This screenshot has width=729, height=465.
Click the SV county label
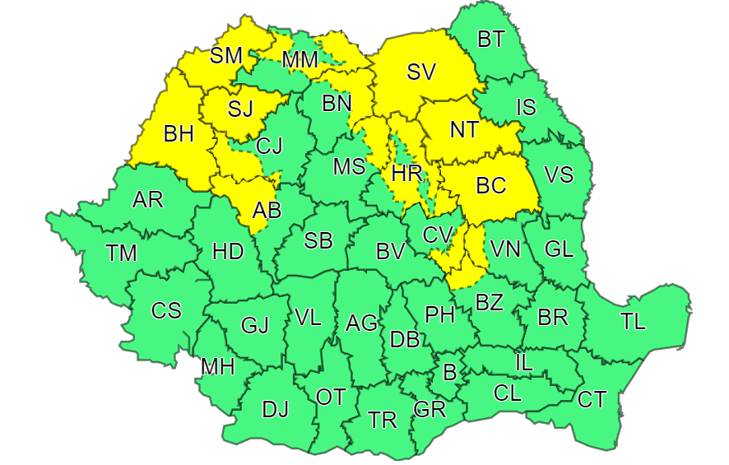pyautogui.click(x=420, y=72)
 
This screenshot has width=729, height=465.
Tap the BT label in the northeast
pyautogui.click(x=491, y=38)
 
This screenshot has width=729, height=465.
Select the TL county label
pyautogui.click(x=633, y=322)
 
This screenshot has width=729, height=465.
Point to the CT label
pyautogui.click(x=592, y=400)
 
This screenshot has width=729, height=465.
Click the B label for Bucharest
pyautogui.click(x=449, y=372)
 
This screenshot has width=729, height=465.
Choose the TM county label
pyautogui.click(x=121, y=253)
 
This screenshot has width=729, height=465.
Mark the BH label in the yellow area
pyautogui.click(x=179, y=134)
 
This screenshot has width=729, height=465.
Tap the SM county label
pyautogui.click(x=226, y=56)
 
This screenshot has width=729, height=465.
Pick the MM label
pyautogui.click(x=299, y=60)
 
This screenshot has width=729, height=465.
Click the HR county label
pyautogui.click(x=407, y=174)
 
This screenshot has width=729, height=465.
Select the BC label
pyautogui.click(x=491, y=186)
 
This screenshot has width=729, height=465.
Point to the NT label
pyautogui.click(x=466, y=130)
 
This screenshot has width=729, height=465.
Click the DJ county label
pyautogui.click(x=275, y=409)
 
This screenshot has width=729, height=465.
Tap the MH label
pyautogui.click(x=218, y=367)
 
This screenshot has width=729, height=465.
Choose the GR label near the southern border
pyautogui.click(x=430, y=410)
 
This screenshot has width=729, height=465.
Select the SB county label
pyautogui.click(x=318, y=241)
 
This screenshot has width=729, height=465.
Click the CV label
pyautogui.click(x=438, y=235)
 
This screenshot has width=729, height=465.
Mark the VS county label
pyautogui.click(x=560, y=174)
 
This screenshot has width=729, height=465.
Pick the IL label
pyautogui.click(x=523, y=360)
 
